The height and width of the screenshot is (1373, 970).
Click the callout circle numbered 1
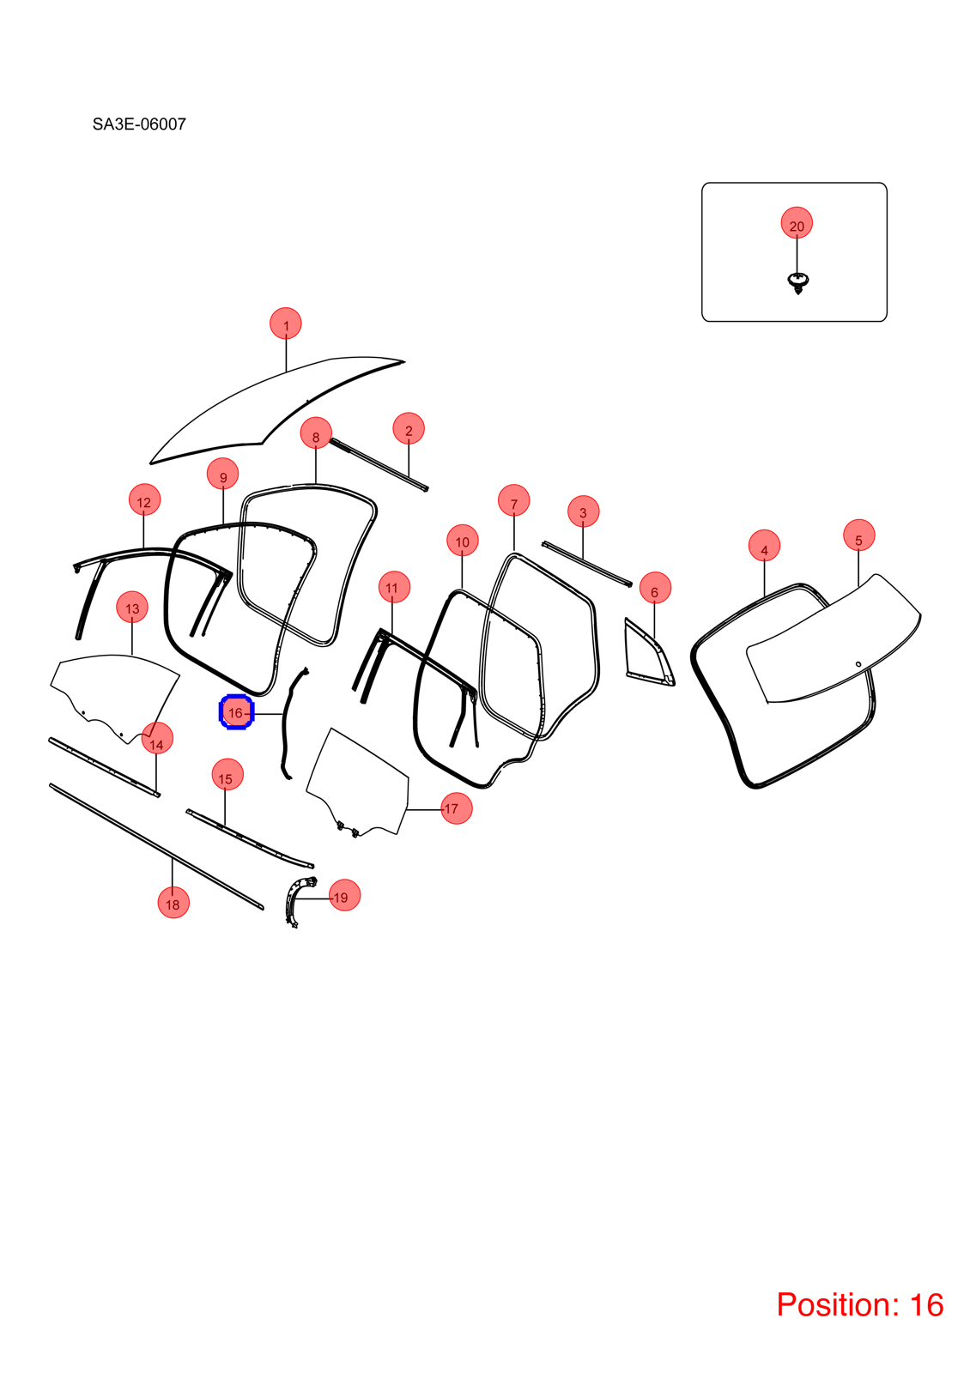[x=286, y=323]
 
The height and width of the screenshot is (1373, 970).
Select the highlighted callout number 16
[x=236, y=712]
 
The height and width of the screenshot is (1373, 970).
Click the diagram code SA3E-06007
[x=139, y=124]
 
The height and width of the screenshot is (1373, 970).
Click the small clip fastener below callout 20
[x=797, y=283]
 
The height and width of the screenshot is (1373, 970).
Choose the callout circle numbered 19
[x=344, y=896]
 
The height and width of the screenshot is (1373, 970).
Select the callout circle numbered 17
[x=456, y=807]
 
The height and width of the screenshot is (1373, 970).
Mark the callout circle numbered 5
[x=858, y=535]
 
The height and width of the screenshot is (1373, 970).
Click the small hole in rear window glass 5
[x=858, y=664]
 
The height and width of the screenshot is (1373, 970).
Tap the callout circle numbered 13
[x=132, y=606]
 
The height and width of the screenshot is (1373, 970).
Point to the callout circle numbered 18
[x=173, y=902]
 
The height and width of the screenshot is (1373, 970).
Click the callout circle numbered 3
[x=583, y=511]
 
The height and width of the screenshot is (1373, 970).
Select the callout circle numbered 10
[x=463, y=540]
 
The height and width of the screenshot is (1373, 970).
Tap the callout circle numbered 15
[x=227, y=775]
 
